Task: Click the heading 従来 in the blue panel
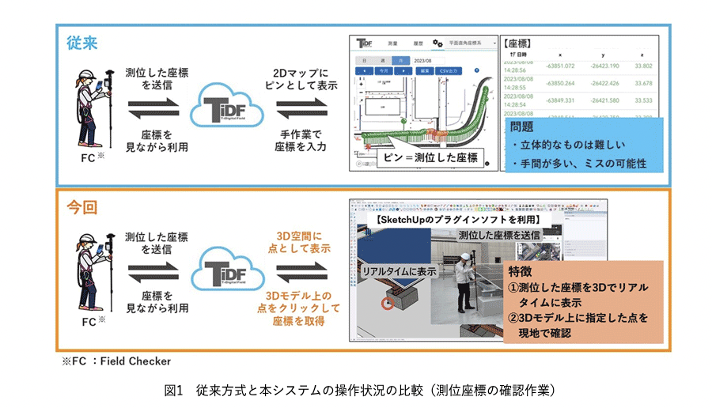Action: pyautogui.click(x=81, y=43)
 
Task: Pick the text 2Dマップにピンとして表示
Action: pyautogui.click(x=294, y=79)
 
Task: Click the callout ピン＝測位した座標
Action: pyautogui.click(x=430, y=157)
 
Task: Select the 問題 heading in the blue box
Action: pyautogui.click(x=523, y=126)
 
